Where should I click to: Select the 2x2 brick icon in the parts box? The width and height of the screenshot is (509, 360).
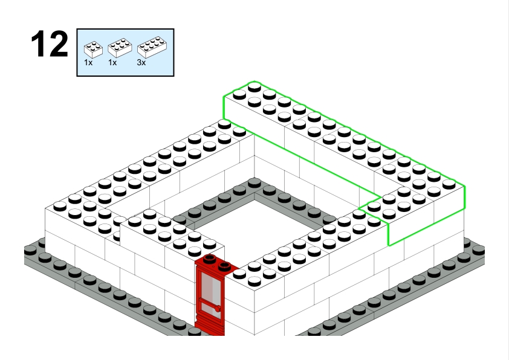[93, 50]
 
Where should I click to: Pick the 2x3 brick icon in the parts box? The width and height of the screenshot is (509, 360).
[120, 48]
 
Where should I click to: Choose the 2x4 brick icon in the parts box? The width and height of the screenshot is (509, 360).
[152, 47]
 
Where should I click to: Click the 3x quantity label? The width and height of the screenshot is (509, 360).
[141, 63]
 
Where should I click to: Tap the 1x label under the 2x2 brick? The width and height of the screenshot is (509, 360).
[88, 63]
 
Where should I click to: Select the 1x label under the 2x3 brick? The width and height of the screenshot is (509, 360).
[112, 63]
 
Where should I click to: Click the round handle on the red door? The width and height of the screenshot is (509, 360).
[217, 309]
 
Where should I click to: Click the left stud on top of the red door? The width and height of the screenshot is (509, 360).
[210, 258]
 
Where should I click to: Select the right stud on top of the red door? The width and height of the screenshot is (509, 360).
[224, 266]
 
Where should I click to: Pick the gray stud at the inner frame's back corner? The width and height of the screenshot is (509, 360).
[254, 182]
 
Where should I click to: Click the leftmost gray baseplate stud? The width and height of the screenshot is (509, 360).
[30, 250]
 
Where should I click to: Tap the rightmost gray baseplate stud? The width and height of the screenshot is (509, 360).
[479, 250]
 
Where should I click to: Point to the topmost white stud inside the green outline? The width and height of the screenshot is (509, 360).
[254, 87]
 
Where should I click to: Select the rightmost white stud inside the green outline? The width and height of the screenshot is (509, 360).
[449, 184]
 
